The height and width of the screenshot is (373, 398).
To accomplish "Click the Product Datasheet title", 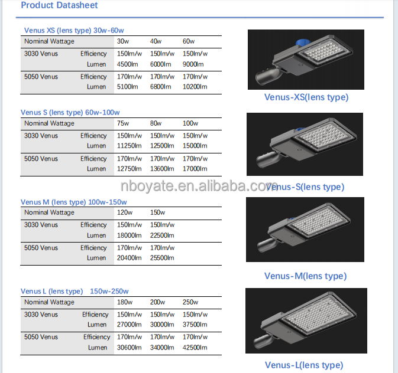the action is click(59, 5).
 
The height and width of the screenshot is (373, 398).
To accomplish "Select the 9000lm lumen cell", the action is click(193, 64).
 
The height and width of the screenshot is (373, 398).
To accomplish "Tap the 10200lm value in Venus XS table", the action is click(195, 87).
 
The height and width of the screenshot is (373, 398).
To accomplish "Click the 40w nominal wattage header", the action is click(156, 41).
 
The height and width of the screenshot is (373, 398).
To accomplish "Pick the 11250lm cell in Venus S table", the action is click(129, 146).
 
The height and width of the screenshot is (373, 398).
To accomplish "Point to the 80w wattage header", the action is click(156, 123).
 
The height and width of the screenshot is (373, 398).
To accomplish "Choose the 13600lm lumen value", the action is click(162, 169).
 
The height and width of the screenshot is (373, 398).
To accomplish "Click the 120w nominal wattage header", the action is click(125, 212).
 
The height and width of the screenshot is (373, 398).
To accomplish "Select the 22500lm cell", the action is click(162, 235).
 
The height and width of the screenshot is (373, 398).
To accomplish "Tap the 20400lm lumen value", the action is click(129, 258).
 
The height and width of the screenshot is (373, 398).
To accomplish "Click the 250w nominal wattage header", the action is click(190, 302).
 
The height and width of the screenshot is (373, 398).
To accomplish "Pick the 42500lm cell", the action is click(195, 348).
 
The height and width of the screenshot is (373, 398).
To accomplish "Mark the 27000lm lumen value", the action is click(129, 325).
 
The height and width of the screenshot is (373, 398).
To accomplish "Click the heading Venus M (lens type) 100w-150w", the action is click(73, 202).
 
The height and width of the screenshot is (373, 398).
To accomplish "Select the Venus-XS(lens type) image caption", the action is click(306, 97).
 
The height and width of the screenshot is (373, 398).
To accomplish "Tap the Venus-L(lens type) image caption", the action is click(304, 365).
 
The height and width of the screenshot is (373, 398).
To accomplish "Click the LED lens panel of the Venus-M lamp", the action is click(319, 222).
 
